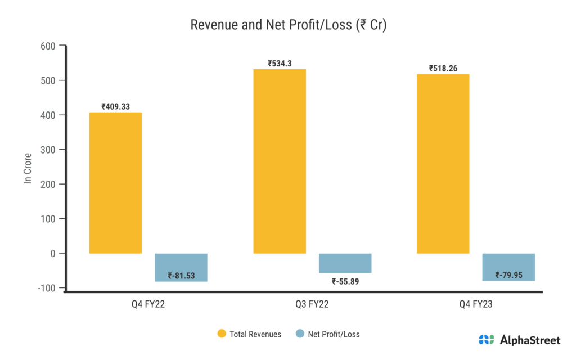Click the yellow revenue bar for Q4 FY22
tap(115, 183)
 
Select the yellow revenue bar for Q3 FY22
tap(280, 161)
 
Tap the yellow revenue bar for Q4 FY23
tap(443, 164)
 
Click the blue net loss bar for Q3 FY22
tap(345, 263)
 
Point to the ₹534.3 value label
tap(280, 64)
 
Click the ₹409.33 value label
tap(115, 106)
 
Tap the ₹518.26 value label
tap(443, 69)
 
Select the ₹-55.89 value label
tap(345, 281)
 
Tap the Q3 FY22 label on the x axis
tap(312, 305)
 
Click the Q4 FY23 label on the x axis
tap(476, 305)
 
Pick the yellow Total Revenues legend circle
tap(222, 334)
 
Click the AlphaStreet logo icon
tap(487, 340)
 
